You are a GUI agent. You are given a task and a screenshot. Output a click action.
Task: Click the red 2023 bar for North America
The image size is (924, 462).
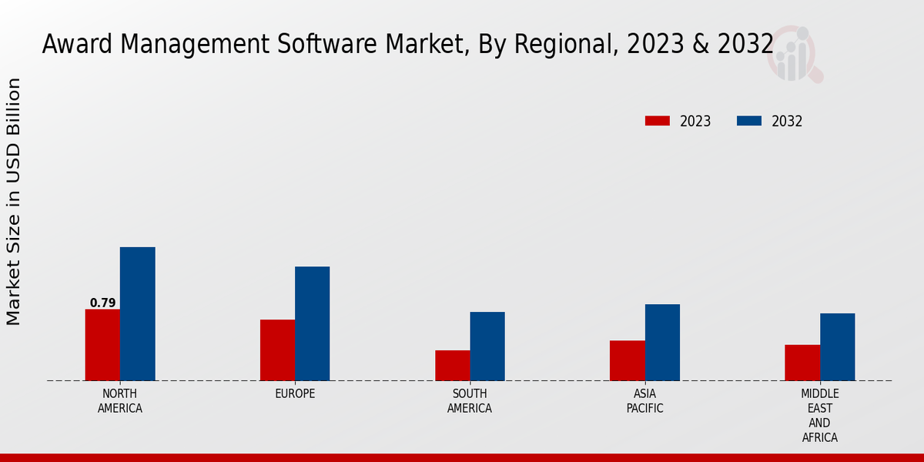[x=102, y=344]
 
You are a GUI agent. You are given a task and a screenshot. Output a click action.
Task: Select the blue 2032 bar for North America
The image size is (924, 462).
[x=138, y=313]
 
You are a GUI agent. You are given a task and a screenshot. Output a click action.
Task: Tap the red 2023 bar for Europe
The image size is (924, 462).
[x=277, y=350]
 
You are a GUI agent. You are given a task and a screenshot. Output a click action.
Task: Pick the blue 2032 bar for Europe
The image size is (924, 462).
[x=313, y=323]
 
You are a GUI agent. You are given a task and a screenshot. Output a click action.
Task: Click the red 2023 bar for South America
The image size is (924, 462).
[x=453, y=365]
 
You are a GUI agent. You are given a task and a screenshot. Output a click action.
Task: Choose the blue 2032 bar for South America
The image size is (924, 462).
[x=487, y=346]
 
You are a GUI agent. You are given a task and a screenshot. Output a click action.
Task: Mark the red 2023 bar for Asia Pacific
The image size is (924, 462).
[x=628, y=360]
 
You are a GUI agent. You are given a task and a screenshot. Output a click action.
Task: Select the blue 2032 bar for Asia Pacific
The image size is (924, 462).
[x=662, y=342]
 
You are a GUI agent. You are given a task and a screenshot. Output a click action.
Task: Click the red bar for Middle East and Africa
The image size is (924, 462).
[x=802, y=362]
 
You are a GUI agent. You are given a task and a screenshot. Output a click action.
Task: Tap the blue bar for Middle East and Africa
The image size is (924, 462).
[x=838, y=346]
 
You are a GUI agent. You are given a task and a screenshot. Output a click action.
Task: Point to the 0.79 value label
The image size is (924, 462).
[x=102, y=303]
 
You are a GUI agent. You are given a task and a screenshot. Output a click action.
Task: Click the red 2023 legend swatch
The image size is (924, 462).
[x=658, y=121]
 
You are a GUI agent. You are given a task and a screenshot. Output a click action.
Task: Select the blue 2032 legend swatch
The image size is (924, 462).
[x=749, y=121]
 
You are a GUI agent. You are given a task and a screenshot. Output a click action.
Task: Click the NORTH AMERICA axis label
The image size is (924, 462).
[x=120, y=401]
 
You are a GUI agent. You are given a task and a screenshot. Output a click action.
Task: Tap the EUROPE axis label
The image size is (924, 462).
[x=295, y=394]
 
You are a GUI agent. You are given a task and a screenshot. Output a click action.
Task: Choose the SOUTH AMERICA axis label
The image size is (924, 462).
[x=470, y=401]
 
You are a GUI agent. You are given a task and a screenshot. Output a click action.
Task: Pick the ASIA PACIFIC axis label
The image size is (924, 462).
[x=644, y=401]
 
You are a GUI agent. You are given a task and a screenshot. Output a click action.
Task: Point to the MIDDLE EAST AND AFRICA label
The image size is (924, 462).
[x=820, y=416]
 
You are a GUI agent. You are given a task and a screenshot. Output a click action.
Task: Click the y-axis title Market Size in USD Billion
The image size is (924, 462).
[x=14, y=202]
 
